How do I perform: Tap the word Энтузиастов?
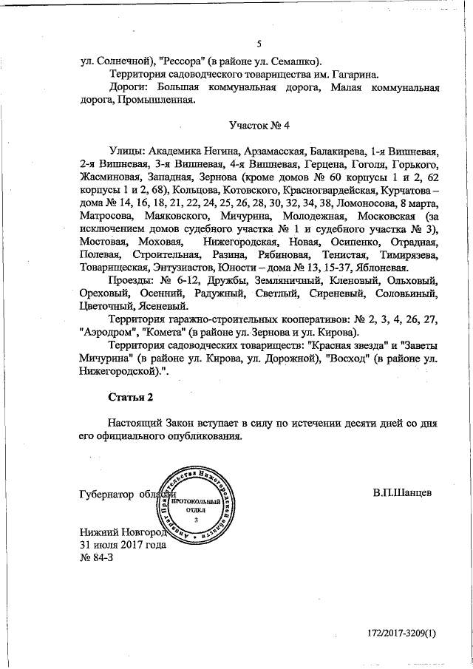[x=178, y=268]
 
